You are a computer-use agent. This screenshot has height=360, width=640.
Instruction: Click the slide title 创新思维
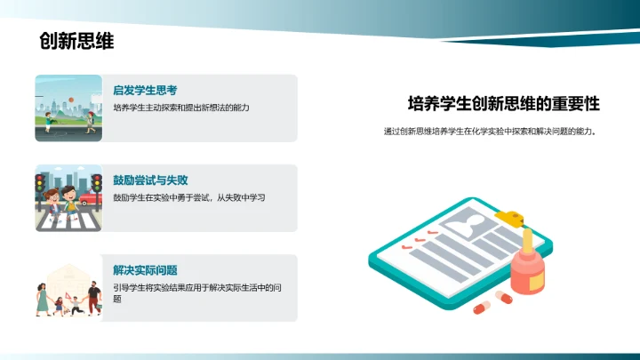click(76, 42)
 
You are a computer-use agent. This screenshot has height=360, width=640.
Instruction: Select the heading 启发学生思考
click(145, 91)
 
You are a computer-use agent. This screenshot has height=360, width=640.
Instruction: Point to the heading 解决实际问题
click(145, 270)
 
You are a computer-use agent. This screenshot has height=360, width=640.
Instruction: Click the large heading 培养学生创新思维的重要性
click(504, 104)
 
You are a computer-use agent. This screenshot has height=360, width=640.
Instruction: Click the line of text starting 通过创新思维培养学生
click(489, 132)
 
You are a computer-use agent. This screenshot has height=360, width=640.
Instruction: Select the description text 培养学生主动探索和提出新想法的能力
click(181, 108)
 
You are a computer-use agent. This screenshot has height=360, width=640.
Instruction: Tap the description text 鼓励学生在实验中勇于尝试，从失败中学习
click(189, 196)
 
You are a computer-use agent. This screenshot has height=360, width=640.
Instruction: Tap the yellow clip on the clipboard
click(515, 215)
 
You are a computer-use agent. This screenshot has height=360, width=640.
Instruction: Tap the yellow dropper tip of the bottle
click(527, 239)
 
